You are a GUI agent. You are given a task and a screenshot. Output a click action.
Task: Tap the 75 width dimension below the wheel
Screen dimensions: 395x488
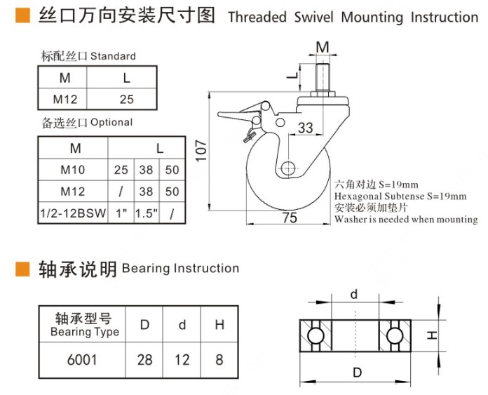click(289, 218)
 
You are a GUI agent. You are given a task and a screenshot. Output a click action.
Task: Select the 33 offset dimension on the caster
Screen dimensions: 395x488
click(306, 128)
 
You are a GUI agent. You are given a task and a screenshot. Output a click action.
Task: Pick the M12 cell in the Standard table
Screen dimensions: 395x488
click(63, 98)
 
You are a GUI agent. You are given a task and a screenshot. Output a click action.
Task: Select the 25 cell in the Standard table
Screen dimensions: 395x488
click(126, 98)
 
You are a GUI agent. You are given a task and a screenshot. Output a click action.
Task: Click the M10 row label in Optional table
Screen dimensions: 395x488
click(72, 170)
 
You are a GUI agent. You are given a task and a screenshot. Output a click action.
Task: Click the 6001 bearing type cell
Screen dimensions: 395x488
click(81, 360)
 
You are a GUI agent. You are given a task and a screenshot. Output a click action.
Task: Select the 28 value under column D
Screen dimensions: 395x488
click(144, 360)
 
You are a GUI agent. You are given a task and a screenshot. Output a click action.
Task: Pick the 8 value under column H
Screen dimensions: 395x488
click(219, 360)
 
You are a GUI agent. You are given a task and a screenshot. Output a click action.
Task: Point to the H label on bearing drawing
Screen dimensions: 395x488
click(433, 336)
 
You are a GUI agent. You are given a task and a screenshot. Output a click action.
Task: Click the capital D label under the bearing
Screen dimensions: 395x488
click(357, 373)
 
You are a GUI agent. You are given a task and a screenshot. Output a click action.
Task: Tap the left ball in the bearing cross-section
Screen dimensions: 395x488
click(316, 335)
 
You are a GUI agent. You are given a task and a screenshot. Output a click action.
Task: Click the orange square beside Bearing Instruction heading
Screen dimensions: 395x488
click(22, 269)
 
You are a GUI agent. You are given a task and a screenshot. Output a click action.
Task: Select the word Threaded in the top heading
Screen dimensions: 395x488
click(257, 17)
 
